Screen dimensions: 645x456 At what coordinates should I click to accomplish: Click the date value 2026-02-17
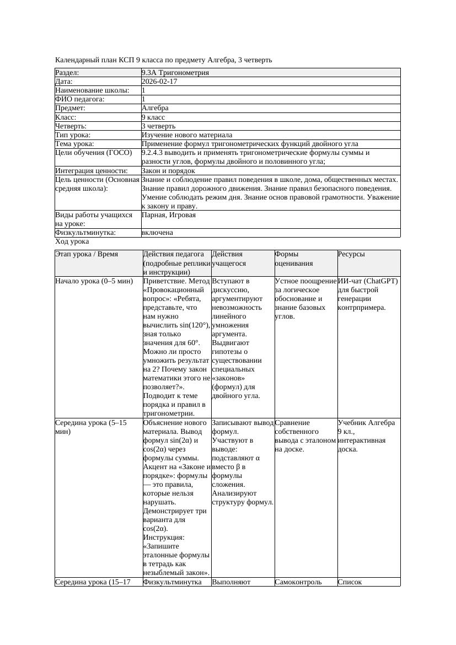click(x=159, y=81)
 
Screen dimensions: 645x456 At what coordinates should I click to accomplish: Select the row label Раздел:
click(x=67, y=72)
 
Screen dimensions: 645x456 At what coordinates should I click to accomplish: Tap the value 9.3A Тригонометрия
click(x=175, y=72)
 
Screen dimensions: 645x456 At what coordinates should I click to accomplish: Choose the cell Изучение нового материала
click(x=187, y=135)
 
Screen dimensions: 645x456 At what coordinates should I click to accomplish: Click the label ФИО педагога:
click(x=80, y=99)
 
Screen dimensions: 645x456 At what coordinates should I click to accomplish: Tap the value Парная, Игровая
click(x=169, y=214)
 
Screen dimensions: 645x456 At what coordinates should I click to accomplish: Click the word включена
click(x=157, y=233)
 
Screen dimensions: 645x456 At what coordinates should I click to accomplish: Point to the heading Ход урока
click(x=72, y=241)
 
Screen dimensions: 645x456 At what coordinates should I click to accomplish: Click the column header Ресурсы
click(x=351, y=254)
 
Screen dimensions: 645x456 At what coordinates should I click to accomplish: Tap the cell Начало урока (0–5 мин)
click(x=94, y=281)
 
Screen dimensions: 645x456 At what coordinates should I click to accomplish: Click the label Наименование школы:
click(x=93, y=90)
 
